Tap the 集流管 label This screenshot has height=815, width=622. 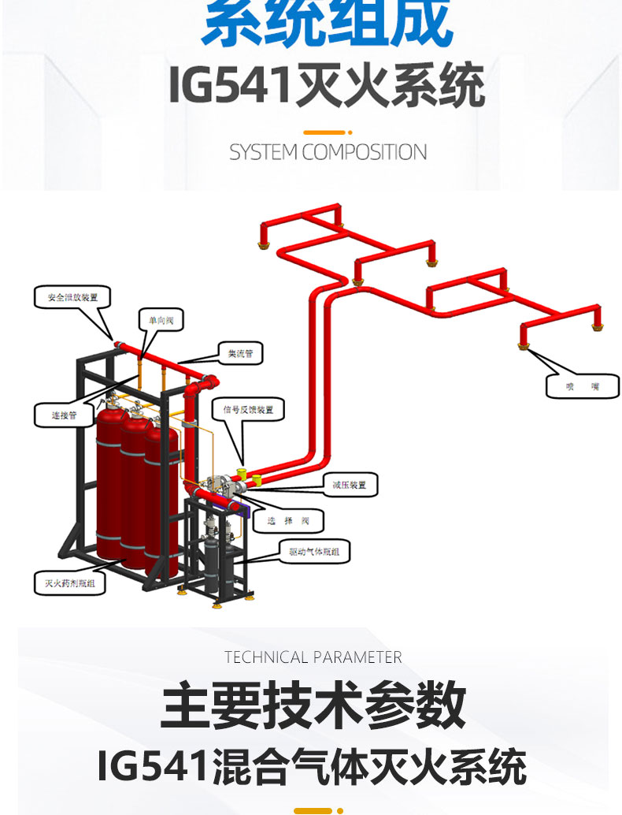(x=240, y=354)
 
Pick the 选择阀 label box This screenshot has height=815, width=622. (x=292, y=520)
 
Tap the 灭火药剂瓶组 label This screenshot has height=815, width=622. (x=69, y=584)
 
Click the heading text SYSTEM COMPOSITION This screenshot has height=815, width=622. (x=328, y=151)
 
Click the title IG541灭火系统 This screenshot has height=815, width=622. (x=327, y=87)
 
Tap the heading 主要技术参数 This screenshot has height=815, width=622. (x=313, y=707)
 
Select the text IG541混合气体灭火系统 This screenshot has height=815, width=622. (x=312, y=766)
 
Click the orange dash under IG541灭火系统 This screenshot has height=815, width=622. (x=325, y=132)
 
